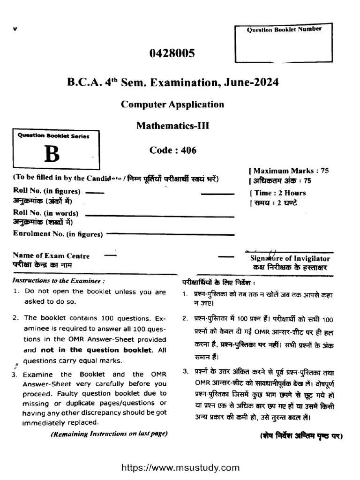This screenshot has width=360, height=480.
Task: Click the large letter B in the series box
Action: point(52,155)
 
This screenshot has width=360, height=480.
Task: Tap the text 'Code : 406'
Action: point(172,150)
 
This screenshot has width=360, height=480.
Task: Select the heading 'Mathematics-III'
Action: point(172,126)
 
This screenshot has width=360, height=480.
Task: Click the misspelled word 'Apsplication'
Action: point(196,104)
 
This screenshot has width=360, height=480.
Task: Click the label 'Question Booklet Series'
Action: point(53,135)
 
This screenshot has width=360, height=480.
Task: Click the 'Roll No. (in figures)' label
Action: point(46,192)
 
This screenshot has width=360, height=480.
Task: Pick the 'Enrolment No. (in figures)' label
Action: point(58,234)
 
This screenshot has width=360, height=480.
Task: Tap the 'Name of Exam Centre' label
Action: point(51,255)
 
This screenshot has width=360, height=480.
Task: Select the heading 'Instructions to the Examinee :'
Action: point(58,280)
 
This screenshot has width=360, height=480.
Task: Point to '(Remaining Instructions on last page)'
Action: point(109,434)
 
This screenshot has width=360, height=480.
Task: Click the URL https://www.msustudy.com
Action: point(180,467)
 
